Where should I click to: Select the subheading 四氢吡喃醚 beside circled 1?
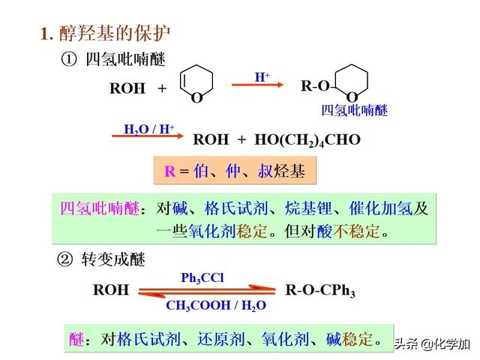pos(125,59)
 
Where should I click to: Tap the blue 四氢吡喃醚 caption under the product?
pos(355,111)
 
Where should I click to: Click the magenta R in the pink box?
pos(169,171)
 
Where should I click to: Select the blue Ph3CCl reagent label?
pos(202,277)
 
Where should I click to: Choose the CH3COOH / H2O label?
pos(216,305)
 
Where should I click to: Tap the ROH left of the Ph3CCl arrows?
pos(110,290)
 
